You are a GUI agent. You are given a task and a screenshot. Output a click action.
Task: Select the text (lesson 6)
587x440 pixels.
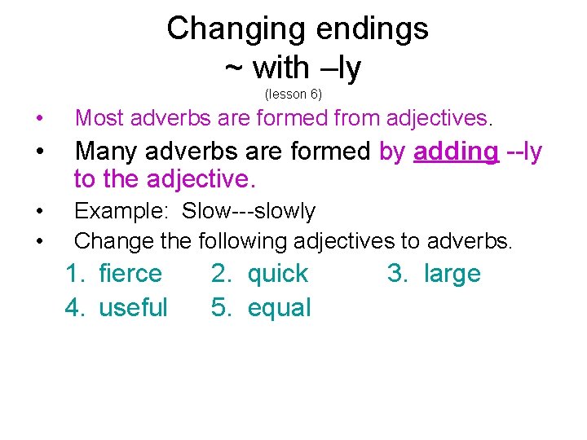pyautogui.click(x=293, y=94)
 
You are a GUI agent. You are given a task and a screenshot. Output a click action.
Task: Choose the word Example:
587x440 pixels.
pyautogui.click(x=121, y=211)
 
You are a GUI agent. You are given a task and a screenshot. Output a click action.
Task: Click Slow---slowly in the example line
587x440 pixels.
pyautogui.click(x=249, y=211)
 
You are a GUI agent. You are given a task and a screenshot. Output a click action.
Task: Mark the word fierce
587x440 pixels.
pyautogui.click(x=130, y=274)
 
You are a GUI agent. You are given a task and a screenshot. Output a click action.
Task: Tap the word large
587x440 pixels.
pyautogui.click(x=452, y=274)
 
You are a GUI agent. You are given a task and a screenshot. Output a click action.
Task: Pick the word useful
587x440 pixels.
pyautogui.click(x=133, y=308)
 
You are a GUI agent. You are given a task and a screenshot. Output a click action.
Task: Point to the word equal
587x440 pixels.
pyautogui.click(x=279, y=308)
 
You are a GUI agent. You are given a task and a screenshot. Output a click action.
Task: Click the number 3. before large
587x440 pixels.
pyautogui.click(x=397, y=274)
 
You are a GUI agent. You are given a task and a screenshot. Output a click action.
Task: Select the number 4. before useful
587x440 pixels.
pyautogui.click(x=75, y=308)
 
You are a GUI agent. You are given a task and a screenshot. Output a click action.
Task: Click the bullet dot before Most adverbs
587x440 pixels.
pyautogui.click(x=39, y=119)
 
